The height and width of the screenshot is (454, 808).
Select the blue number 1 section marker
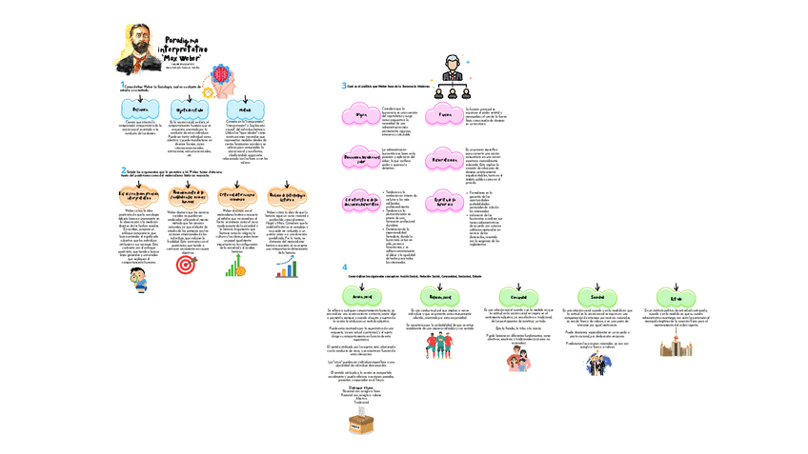tap(122, 85)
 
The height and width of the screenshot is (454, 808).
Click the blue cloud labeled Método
tap(246, 109)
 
